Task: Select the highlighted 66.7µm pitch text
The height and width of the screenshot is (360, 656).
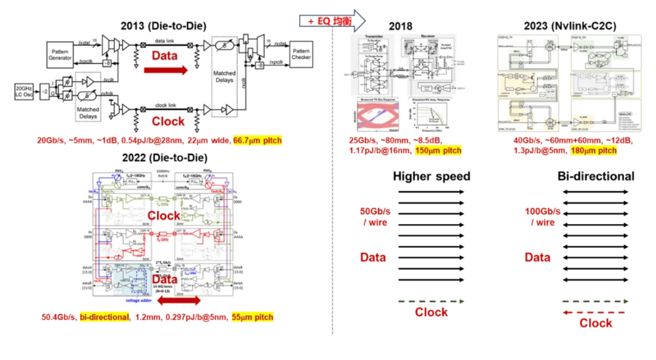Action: [257, 140]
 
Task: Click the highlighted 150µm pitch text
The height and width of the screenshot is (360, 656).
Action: [438, 151]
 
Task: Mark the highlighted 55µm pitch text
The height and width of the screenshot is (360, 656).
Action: [251, 316]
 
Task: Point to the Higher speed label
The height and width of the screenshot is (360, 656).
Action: [431, 176]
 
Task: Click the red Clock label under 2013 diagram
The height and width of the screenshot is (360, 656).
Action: [168, 121]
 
